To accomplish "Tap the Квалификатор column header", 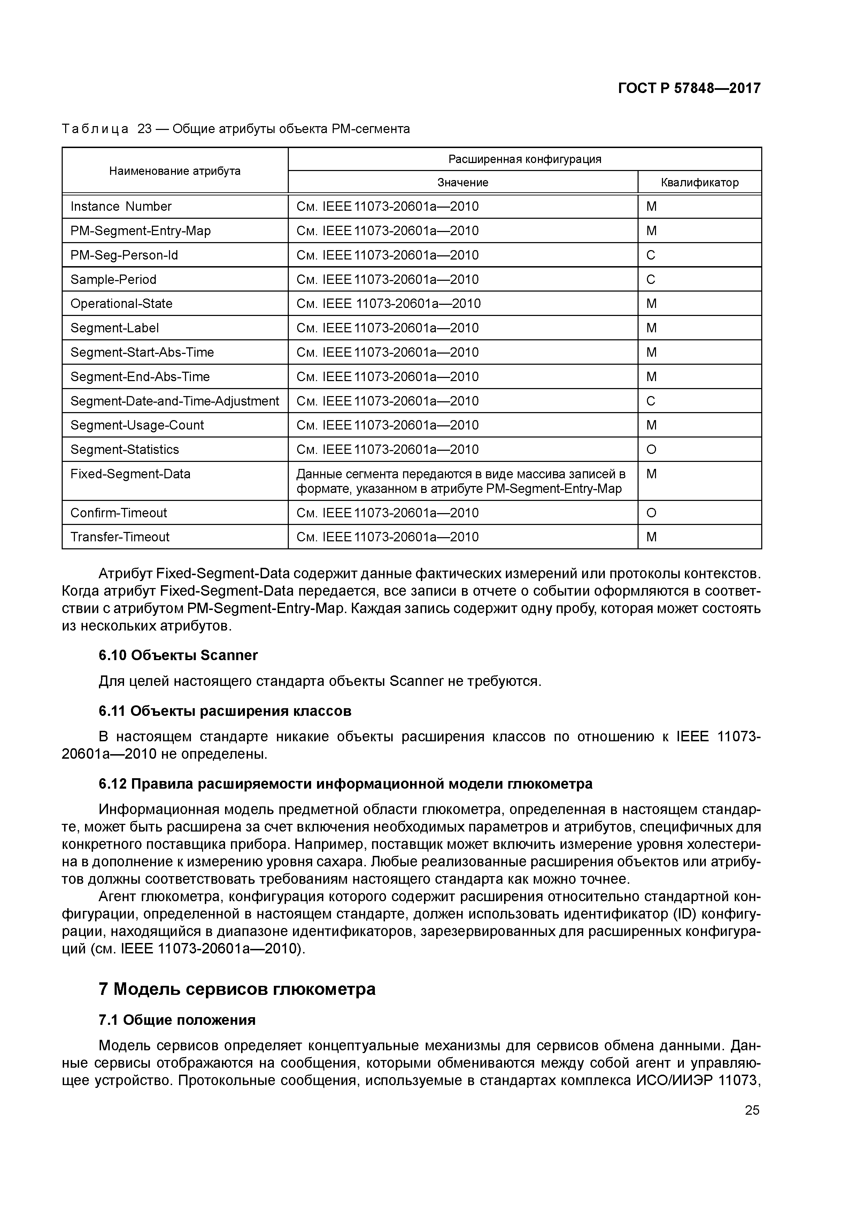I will pos(700,183).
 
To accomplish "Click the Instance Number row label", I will pos(121,207).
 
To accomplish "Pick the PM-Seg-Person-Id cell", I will pos(124,255).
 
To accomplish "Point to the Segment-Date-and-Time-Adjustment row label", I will pos(175,401).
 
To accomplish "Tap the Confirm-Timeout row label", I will pos(119,513).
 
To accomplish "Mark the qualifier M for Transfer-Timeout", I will pos(651,537).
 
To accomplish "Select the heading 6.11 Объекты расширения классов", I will pos(225,712).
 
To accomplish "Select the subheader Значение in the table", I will pos(463,183).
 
